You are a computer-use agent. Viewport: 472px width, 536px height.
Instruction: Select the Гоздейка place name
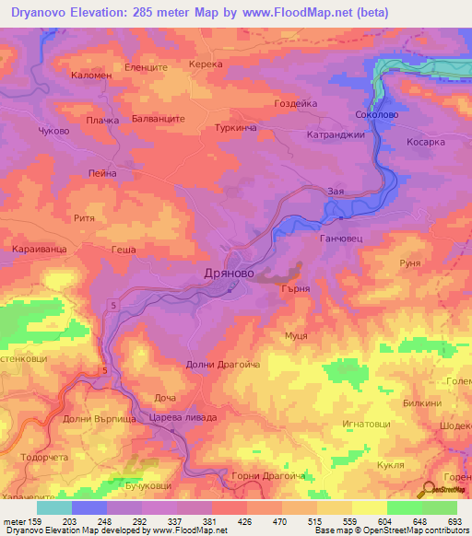[x=297, y=104]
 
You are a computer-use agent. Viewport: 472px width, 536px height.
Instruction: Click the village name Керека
[x=206, y=65]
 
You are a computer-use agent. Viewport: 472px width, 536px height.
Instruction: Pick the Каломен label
[x=90, y=76]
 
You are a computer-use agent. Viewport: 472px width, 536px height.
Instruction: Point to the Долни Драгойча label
[x=223, y=365]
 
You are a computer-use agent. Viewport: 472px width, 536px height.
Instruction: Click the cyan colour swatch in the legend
[x=54, y=507]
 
